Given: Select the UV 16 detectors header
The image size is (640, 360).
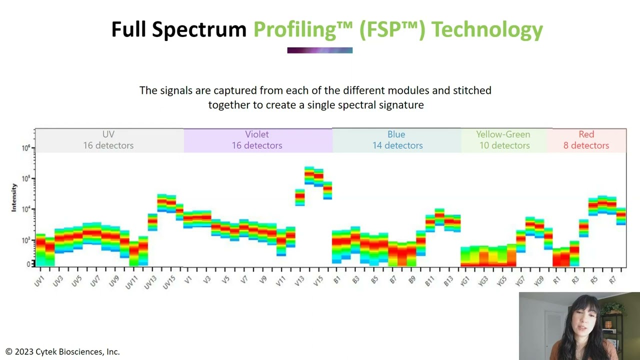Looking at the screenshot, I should click(108, 140).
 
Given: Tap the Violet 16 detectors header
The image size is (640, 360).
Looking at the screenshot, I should click(257, 140).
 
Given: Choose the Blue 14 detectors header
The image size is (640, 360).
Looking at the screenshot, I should click(397, 140).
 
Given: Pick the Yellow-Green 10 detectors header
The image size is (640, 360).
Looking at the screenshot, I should click(504, 140).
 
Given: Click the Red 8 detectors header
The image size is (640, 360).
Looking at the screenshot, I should click(586, 140).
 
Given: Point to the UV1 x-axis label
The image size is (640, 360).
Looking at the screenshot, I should click(39, 280).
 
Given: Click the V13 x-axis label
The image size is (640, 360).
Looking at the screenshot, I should click(299, 280).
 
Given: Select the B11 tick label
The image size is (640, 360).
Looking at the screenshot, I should click(429, 280).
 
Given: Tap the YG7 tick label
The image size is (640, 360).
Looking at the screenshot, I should click(520, 280).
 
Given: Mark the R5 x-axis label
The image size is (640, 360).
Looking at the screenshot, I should click(594, 280).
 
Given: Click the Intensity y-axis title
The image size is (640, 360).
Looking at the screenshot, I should click(14, 197).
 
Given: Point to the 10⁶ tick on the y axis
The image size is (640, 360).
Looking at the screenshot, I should click(26, 148).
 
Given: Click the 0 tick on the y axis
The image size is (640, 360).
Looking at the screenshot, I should click(28, 264).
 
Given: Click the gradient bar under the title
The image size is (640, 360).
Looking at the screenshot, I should click(319, 50).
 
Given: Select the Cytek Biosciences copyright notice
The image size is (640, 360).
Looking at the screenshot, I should click(63, 352).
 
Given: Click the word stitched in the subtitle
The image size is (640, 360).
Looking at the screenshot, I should click(471, 90).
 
